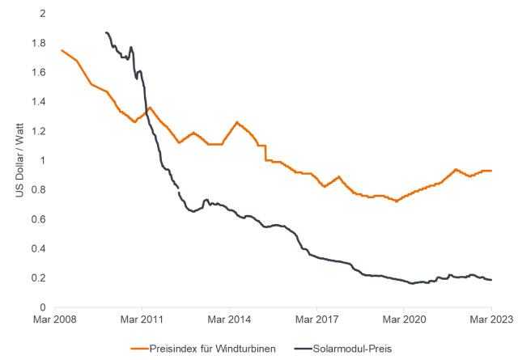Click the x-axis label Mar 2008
pos(54,320)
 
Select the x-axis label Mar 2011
pos(142,320)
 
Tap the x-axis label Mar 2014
pos(229,320)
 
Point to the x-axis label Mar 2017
pos(317,320)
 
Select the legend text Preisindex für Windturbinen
pos(211,349)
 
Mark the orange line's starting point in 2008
pos(62,50)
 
